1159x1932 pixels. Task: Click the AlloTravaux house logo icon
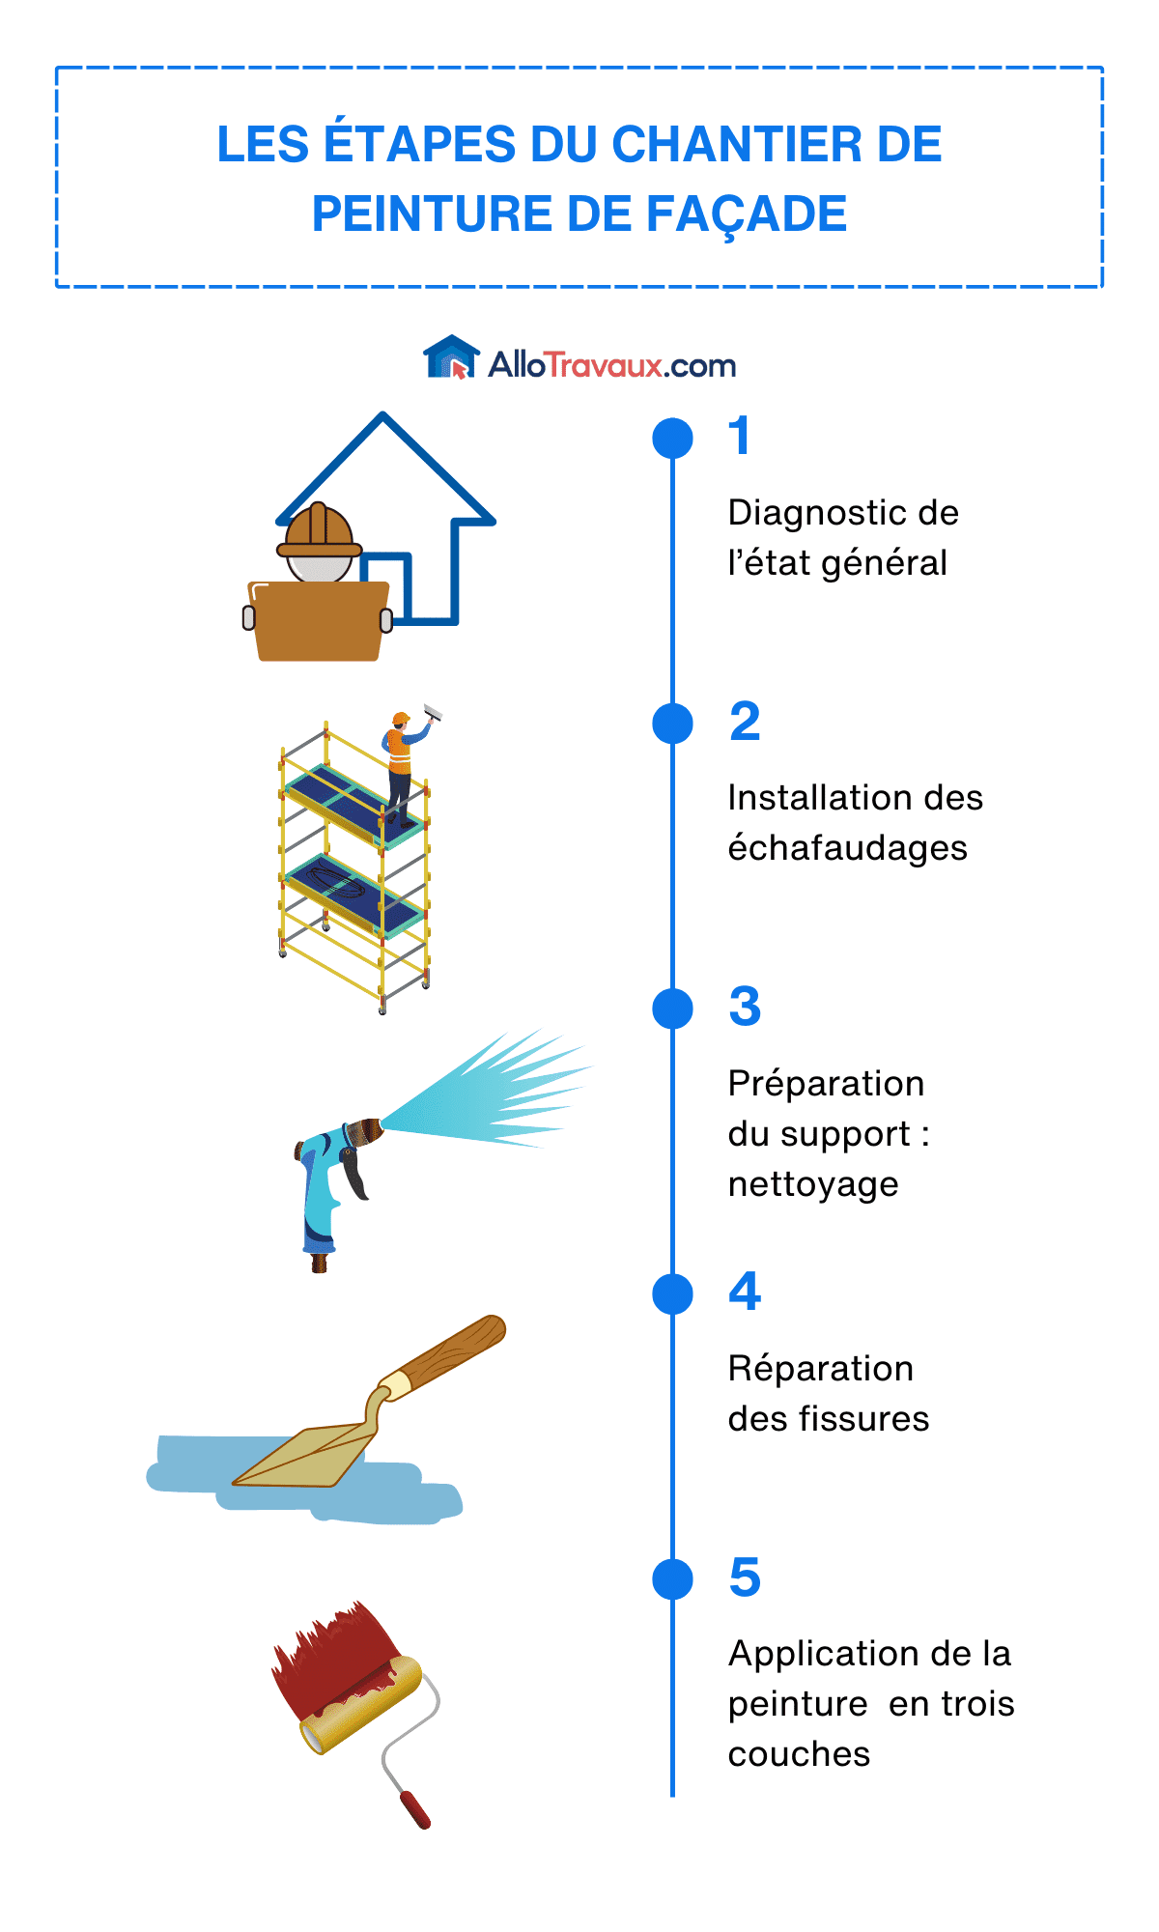pyautogui.click(x=451, y=357)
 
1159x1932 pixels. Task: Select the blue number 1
pyautogui.click(x=740, y=436)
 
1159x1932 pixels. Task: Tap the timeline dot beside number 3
pyautogui.click(x=672, y=1009)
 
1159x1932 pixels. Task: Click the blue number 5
pyautogui.click(x=745, y=1577)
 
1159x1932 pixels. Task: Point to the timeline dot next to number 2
pyautogui.click(x=672, y=724)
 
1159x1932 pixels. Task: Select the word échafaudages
pyautogui.click(x=847, y=848)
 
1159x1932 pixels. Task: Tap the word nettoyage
pyautogui.click(x=813, y=1184)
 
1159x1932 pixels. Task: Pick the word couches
pyautogui.click(x=799, y=1754)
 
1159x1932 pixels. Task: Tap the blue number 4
pyautogui.click(x=745, y=1293)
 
